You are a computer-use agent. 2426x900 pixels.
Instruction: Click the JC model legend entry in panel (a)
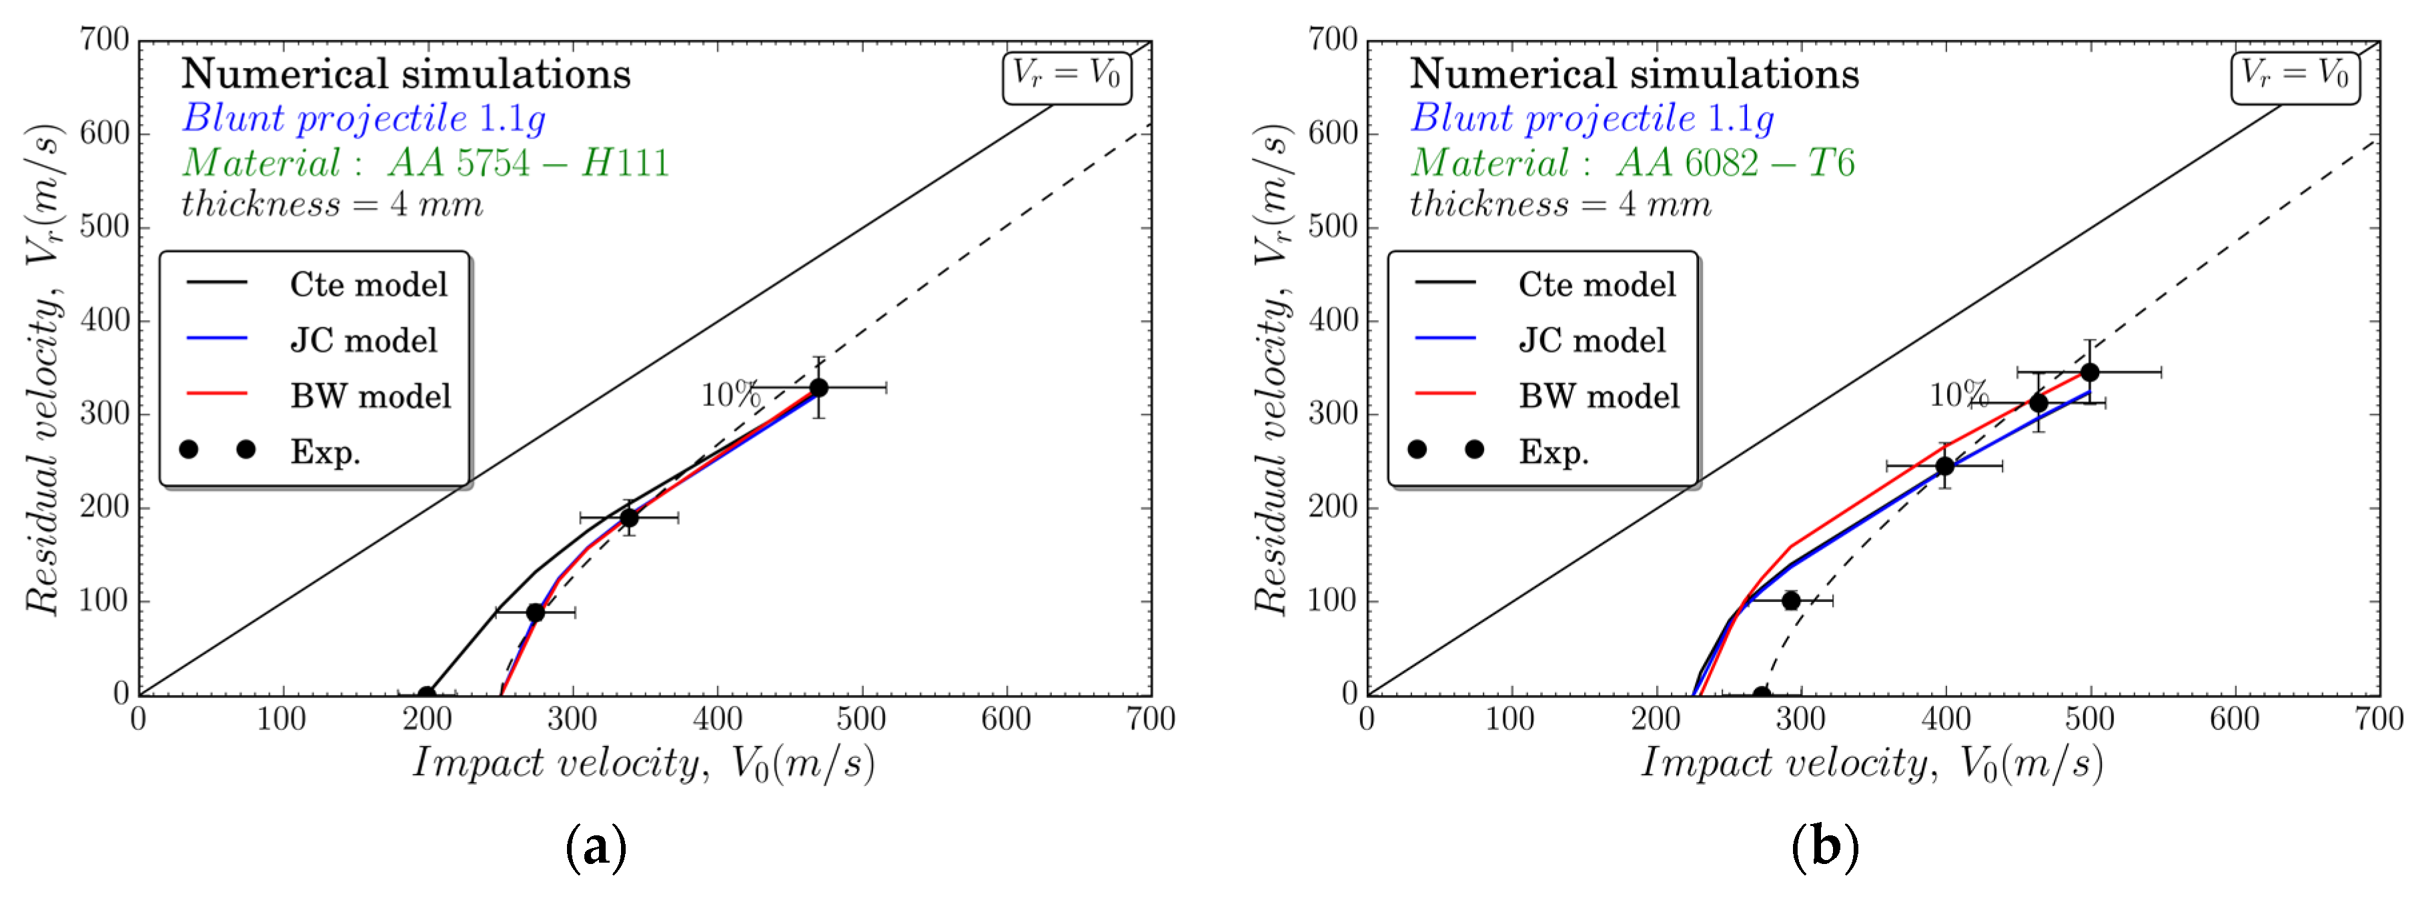click(x=363, y=340)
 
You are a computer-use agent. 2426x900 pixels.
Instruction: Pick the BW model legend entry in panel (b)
click(x=1598, y=395)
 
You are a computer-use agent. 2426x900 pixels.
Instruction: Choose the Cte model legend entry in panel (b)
click(x=1596, y=284)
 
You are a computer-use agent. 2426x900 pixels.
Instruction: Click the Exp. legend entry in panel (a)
click(x=325, y=452)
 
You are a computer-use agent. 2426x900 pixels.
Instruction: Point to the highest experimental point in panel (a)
click(x=818, y=387)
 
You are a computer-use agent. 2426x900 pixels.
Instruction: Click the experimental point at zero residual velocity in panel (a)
click(x=427, y=694)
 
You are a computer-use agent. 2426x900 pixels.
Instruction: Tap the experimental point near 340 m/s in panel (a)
click(x=629, y=517)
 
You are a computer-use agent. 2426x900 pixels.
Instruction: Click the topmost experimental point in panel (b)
click(x=2090, y=372)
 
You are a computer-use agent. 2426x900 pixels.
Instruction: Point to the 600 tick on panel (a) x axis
click(x=1006, y=720)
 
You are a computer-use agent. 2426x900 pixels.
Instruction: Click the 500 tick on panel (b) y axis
click(x=1335, y=226)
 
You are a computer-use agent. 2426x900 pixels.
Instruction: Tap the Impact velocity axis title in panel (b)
click(x=1871, y=763)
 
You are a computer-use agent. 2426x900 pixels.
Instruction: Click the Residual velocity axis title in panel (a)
click(x=43, y=369)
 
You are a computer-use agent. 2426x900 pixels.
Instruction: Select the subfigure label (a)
click(x=595, y=847)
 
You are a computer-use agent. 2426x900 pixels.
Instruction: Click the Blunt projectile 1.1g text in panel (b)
click(x=1592, y=119)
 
